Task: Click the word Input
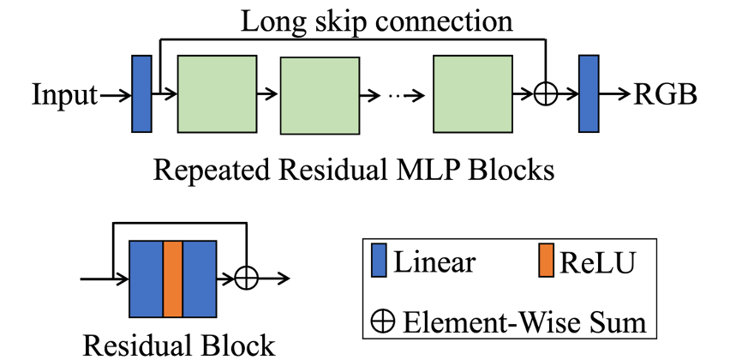coord(65,94)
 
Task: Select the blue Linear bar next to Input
coord(141,93)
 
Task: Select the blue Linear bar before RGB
coord(589,93)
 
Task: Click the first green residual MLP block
coord(217,93)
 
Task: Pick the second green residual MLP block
coord(319,95)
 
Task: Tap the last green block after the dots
coord(473,93)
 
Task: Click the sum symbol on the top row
coord(545,94)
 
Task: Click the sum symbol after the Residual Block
coord(247,279)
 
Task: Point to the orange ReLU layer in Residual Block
coord(173,279)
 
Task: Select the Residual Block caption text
coord(179,345)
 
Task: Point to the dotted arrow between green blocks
coord(395,94)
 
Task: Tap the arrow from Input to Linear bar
coord(114,94)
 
